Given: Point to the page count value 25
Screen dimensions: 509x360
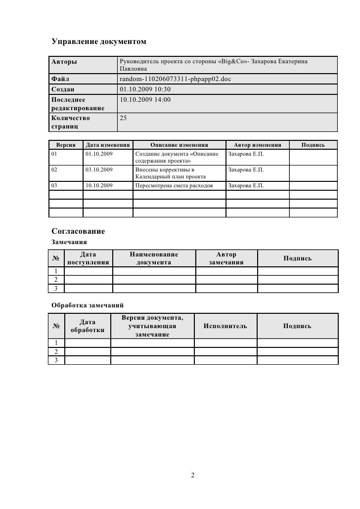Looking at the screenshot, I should point(125,118).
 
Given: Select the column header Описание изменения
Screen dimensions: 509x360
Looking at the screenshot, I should point(179,145).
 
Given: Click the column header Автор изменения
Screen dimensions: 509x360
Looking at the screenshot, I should point(258,145).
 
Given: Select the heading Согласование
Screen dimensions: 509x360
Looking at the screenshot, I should point(78,231).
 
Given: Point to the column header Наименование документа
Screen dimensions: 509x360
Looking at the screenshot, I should point(154,258).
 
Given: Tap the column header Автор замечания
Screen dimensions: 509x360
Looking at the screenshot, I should point(226,258).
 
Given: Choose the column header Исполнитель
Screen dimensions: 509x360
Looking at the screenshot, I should point(225,326).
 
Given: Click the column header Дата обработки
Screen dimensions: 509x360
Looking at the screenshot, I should point(88,326).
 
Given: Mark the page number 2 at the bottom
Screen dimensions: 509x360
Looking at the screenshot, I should point(193,475).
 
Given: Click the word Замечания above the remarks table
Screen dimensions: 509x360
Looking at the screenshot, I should point(70,242).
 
